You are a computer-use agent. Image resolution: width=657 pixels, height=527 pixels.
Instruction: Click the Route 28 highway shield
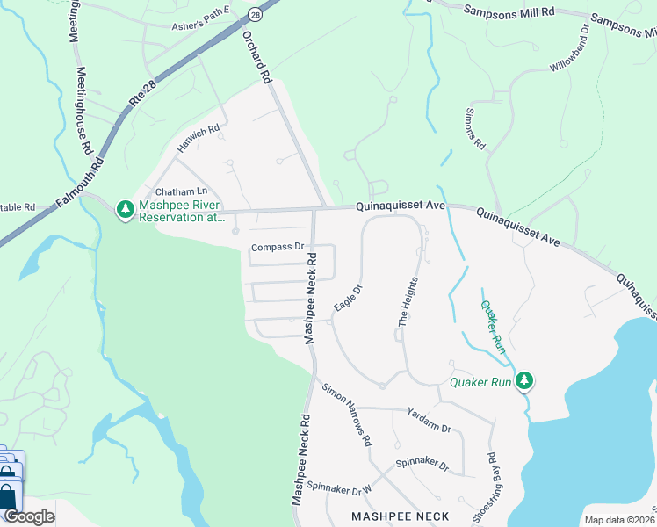coord(255,14)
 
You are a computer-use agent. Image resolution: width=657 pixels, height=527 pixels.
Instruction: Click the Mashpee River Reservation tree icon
coord(126,209)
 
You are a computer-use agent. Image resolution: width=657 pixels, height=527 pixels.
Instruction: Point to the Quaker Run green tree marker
coord(524,380)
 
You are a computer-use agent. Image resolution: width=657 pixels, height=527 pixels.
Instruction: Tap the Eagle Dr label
coord(348,298)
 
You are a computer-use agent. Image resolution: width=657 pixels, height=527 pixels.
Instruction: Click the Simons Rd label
coord(475,129)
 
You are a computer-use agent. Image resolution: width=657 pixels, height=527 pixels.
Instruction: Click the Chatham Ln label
coord(181,191)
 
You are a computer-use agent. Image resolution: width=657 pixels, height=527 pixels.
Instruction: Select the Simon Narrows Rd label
coord(347,415)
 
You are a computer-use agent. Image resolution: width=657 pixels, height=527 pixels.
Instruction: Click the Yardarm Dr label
coord(429,420)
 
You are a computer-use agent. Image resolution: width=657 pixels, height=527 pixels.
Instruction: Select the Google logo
coord(29,516)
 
